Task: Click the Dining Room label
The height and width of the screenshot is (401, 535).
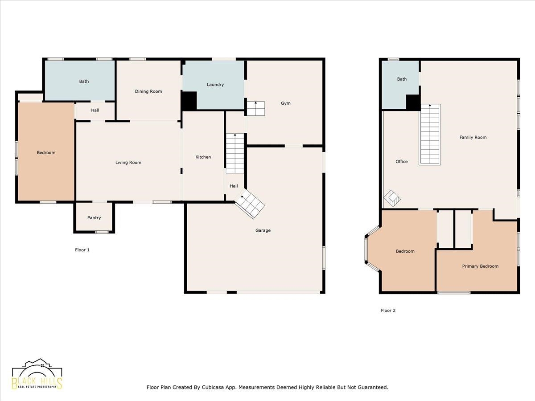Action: point(148,91)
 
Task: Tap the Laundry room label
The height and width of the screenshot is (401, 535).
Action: point(215,85)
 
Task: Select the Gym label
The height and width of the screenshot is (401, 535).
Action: point(285,103)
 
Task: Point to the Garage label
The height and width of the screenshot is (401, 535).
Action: point(263,230)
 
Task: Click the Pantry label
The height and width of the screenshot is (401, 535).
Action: point(94,218)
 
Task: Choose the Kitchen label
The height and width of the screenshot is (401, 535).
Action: point(203,157)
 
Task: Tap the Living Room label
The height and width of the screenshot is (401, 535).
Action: point(128,162)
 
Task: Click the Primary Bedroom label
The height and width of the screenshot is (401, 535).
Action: point(480,266)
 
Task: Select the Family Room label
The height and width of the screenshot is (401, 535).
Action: point(473,137)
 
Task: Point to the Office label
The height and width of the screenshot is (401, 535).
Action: point(401,161)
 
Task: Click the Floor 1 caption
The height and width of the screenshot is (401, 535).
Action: point(82,250)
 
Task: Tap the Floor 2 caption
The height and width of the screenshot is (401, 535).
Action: point(388,311)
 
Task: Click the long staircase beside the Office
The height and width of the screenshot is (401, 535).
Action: point(430,135)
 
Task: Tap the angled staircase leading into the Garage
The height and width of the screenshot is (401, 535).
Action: point(250,204)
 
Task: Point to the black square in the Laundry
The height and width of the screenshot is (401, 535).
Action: point(189,101)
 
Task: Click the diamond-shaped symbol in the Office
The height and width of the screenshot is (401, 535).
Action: point(392,198)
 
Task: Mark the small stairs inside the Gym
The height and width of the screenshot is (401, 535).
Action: point(255,108)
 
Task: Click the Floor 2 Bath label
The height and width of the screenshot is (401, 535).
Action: point(402,79)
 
